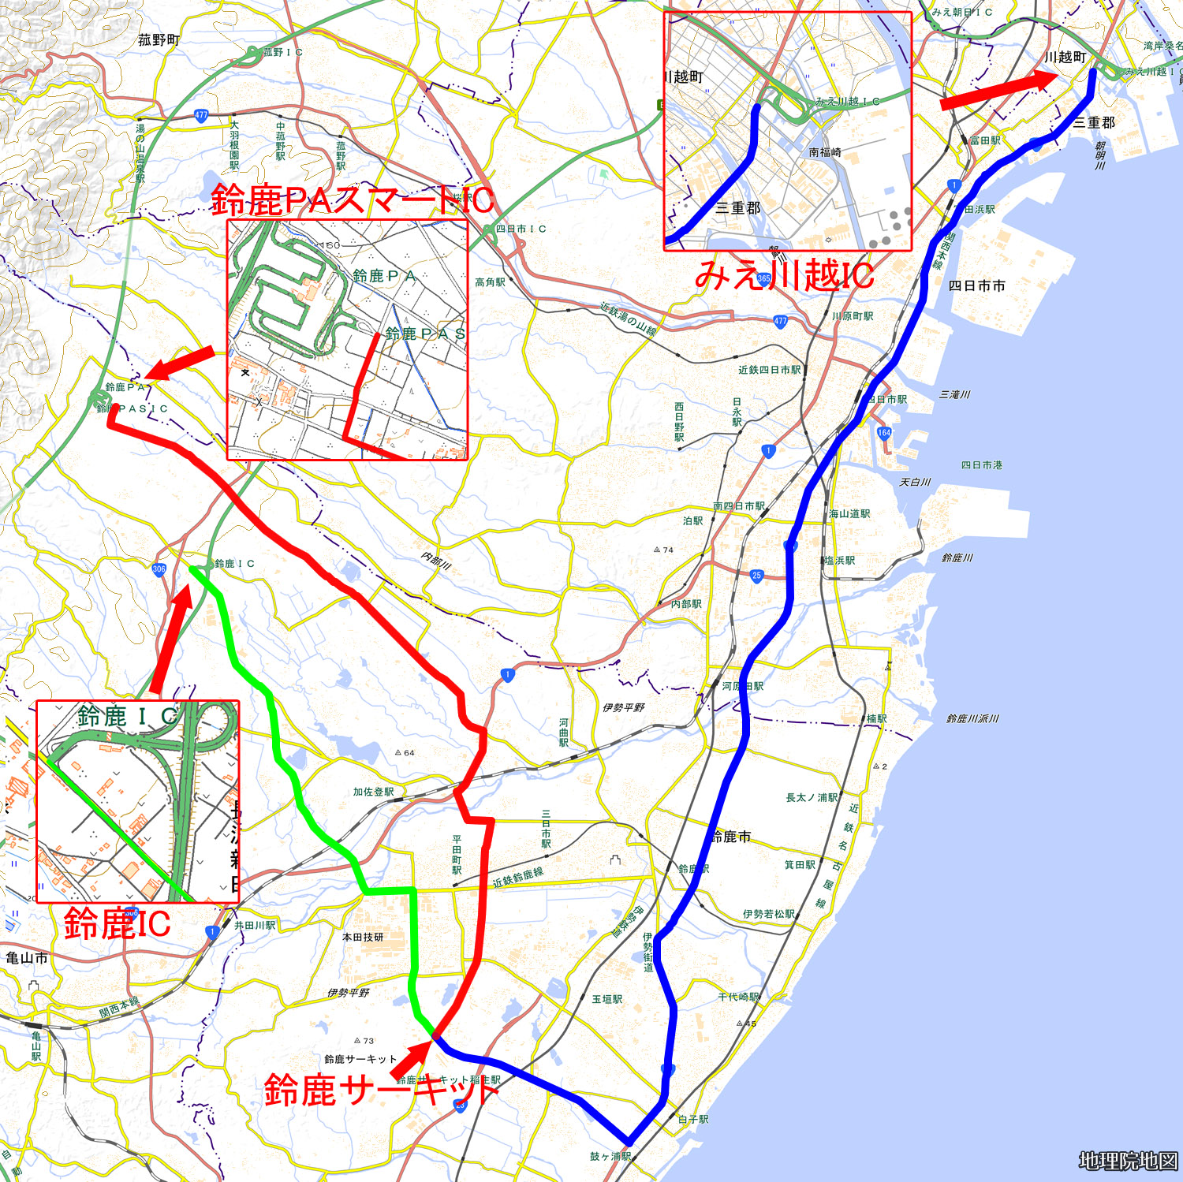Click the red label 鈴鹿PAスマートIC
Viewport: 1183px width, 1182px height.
[353, 200]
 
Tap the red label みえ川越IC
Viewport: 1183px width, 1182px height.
[784, 275]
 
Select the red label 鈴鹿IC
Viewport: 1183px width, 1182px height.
[117, 923]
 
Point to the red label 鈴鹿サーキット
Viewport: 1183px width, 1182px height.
[381, 1091]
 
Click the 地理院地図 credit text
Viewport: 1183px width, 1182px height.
[1128, 1161]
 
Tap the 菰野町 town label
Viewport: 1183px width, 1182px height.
[159, 39]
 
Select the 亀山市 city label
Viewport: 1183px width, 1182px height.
[27, 958]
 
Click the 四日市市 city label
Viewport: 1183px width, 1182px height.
[976, 285]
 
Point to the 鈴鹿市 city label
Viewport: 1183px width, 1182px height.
[731, 836]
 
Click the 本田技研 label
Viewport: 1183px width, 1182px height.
[363, 937]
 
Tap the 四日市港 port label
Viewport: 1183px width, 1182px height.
[981, 465]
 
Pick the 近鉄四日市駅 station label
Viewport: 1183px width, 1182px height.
[769, 369]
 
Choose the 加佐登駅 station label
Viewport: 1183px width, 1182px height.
[373, 792]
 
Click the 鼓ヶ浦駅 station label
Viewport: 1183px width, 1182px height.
[610, 1156]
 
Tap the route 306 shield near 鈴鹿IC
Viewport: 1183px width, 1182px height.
[159, 569]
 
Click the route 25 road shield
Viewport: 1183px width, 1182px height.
[756, 576]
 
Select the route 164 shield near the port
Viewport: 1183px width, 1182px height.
[884, 432]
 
